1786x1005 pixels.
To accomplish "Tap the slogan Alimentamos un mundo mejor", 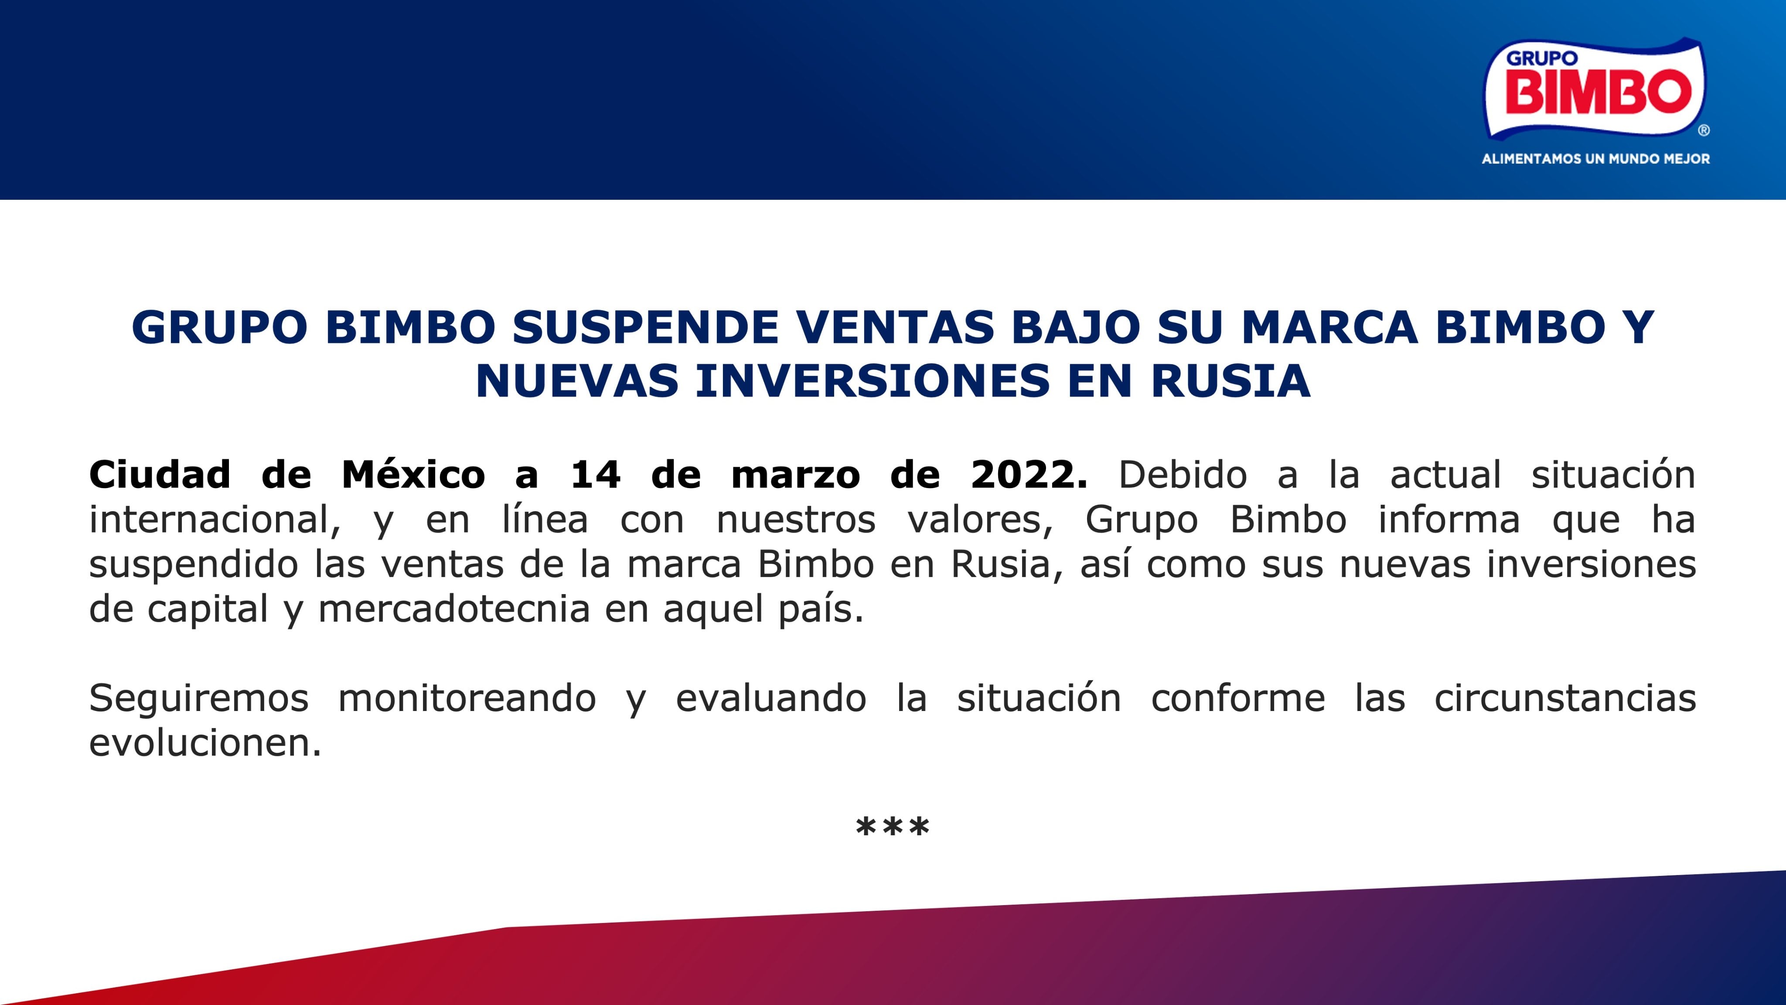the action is coord(1595,159).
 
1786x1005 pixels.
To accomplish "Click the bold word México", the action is coord(413,475).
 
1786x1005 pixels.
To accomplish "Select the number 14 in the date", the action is coord(596,475).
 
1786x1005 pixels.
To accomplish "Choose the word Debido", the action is coord(1183,475).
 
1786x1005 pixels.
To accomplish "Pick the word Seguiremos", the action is coord(199,698).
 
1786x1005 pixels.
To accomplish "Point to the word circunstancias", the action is coord(1565,698).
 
